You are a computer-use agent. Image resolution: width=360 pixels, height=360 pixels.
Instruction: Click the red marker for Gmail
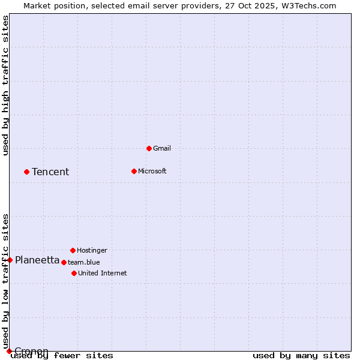(x=149, y=148)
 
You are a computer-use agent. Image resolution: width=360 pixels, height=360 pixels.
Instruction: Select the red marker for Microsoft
(x=134, y=171)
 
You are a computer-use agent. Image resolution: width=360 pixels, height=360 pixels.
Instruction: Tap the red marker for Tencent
(x=26, y=172)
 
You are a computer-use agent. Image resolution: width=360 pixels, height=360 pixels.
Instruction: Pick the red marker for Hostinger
(x=73, y=250)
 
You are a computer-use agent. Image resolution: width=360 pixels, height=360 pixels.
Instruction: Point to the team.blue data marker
(x=64, y=262)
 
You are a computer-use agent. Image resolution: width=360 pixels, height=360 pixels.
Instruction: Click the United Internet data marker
(x=74, y=273)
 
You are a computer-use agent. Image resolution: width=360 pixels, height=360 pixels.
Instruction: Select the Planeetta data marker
(x=10, y=260)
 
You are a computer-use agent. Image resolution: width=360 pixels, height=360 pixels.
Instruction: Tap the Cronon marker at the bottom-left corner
(x=9, y=351)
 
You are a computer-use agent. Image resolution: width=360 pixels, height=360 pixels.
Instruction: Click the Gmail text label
(x=162, y=148)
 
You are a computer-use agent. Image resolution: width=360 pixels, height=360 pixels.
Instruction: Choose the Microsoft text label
(x=152, y=171)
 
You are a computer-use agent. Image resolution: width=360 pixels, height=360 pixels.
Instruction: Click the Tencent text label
(x=50, y=172)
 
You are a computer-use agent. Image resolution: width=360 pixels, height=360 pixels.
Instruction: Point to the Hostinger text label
(x=92, y=250)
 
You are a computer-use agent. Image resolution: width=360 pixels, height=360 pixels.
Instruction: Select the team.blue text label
(x=83, y=262)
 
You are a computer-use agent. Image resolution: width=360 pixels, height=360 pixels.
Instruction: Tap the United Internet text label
(x=102, y=273)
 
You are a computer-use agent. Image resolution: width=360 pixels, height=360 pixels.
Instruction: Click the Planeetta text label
(x=37, y=260)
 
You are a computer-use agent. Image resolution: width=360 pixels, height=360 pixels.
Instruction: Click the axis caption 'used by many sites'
(x=301, y=356)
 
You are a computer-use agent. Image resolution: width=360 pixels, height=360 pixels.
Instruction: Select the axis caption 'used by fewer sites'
(x=62, y=356)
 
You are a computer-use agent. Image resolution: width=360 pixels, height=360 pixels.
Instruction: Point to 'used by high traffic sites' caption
(x=6, y=85)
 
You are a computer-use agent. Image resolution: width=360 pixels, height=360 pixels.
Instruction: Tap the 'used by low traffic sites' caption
(x=6, y=281)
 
